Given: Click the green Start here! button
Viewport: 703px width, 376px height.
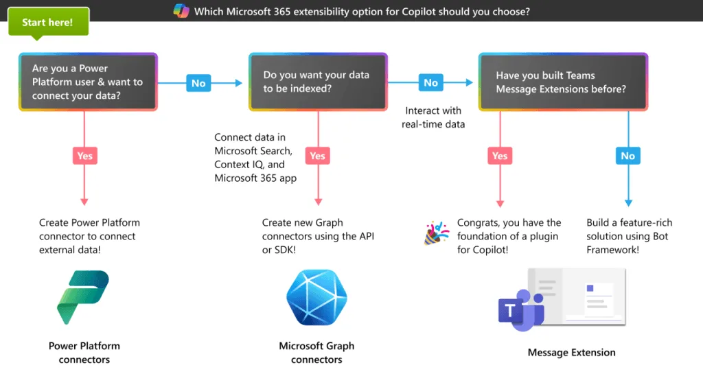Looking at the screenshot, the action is coord(49,21).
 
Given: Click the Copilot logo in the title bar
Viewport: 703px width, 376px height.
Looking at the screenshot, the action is coord(181,11).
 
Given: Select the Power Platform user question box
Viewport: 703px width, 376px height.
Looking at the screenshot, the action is coord(88,82).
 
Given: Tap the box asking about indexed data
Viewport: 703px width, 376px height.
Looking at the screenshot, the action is coord(318,82).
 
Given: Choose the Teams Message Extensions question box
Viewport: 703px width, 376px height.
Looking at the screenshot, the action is coord(563,82).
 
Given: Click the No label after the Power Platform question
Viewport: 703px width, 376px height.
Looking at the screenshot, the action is coord(198,83).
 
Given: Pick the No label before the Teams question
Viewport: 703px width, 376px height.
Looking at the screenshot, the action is coord(431,82).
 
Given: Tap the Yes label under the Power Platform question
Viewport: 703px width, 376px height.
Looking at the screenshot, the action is coord(84,156).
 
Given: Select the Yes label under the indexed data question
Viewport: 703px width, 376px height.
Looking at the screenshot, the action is coord(317,156).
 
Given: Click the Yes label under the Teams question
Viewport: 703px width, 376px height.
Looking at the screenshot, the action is coord(500,156).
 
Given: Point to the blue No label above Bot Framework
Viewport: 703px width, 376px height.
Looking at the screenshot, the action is coord(628,156).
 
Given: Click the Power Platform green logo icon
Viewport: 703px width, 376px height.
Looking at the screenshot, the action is coord(83,297).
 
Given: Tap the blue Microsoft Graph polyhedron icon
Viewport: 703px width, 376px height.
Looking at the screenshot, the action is coord(317,297).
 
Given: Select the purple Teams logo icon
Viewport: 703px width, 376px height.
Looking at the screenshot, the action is coord(522,310).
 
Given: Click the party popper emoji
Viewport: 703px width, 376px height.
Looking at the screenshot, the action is coord(436,233).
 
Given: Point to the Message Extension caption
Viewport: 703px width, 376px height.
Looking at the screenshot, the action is coord(572,353).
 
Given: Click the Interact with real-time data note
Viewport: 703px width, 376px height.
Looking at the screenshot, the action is coord(433,117).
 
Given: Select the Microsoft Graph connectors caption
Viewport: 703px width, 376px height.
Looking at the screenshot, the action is coord(316,353).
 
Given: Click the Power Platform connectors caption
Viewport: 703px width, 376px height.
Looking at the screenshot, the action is coord(84,353).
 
